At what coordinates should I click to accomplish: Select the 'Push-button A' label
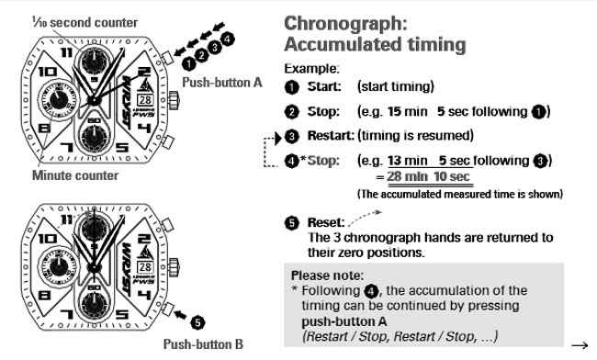(x=222, y=82)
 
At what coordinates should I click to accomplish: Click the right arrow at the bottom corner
(x=579, y=344)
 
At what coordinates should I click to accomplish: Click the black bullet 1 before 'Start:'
(x=291, y=87)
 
